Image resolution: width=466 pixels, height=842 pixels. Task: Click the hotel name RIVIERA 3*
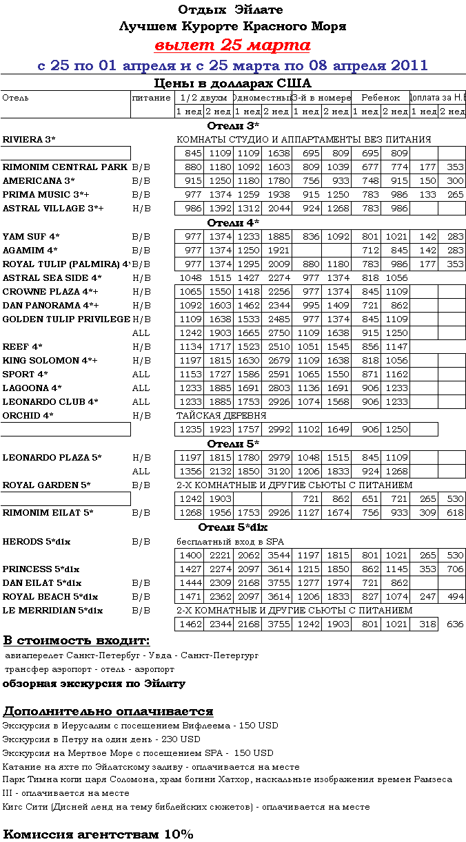pos(29,140)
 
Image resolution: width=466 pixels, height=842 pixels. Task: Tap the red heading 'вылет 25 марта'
pos(232,46)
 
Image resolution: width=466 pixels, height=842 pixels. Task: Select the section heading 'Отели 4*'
pos(233,223)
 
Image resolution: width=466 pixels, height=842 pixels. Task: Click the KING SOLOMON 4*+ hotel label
pos(50,361)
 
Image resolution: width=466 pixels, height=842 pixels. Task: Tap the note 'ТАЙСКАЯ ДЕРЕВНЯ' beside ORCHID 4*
pos(221,416)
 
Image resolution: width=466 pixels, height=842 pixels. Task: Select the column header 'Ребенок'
pos(381,98)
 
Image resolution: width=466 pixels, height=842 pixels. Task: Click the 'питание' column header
pos(151,98)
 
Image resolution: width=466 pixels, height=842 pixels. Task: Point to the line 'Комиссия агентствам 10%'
pos(99,834)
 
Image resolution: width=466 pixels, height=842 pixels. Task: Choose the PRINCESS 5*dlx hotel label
pos(41,569)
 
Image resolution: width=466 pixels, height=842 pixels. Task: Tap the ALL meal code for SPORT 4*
pos(141,375)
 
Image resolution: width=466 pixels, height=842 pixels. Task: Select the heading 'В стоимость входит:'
pos(77,641)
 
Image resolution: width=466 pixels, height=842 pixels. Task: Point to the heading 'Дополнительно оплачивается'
pos(108,711)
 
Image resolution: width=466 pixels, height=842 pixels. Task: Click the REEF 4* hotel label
pos(23,347)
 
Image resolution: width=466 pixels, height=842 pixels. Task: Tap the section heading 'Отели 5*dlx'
pos(233,527)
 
